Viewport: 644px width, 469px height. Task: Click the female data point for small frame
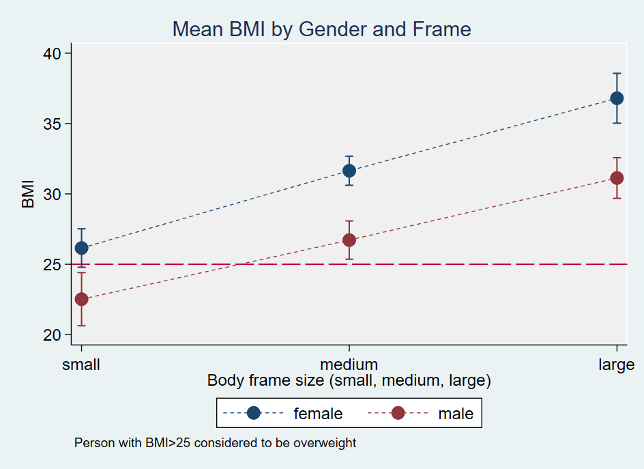81,248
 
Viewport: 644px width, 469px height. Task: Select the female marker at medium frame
349,171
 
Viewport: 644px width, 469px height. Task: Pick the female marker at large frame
617,98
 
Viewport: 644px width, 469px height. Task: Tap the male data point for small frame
81,299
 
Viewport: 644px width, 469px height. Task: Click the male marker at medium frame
349,240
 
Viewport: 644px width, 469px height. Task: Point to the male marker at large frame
617,178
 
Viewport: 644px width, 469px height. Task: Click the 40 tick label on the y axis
53,53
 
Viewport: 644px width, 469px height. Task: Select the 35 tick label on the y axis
53,124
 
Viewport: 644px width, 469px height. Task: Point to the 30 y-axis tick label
53,194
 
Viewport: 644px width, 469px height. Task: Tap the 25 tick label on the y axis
53,264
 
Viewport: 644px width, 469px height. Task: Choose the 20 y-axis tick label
53,335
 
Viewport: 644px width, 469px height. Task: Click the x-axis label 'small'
81,364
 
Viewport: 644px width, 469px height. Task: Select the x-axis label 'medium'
349,364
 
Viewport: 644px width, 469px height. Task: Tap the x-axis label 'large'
616,364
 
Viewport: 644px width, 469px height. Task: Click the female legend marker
254,413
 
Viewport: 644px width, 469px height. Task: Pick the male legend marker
398,413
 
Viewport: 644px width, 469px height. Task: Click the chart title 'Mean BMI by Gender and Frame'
321,29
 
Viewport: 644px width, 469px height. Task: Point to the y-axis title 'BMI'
28,194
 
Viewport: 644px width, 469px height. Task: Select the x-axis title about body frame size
349,380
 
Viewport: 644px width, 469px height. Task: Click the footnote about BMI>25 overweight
215,443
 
